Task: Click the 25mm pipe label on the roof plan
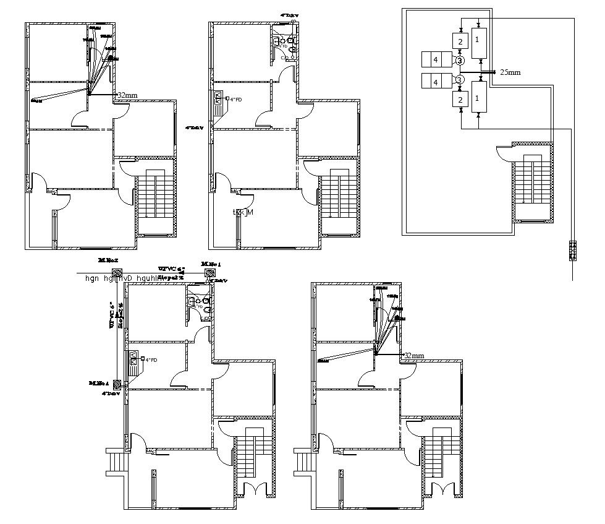coord(510,72)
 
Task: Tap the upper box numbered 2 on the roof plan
coord(460,41)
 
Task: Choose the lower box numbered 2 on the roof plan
coord(460,98)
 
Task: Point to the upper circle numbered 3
coord(459,61)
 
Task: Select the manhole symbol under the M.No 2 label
coord(115,274)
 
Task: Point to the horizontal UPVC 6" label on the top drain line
coord(171,269)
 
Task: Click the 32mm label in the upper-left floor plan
coord(127,95)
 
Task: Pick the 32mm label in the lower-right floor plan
coord(413,356)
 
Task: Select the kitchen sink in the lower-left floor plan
coord(133,359)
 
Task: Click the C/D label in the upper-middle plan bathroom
coord(284,58)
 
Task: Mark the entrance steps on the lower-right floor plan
coord(303,460)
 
